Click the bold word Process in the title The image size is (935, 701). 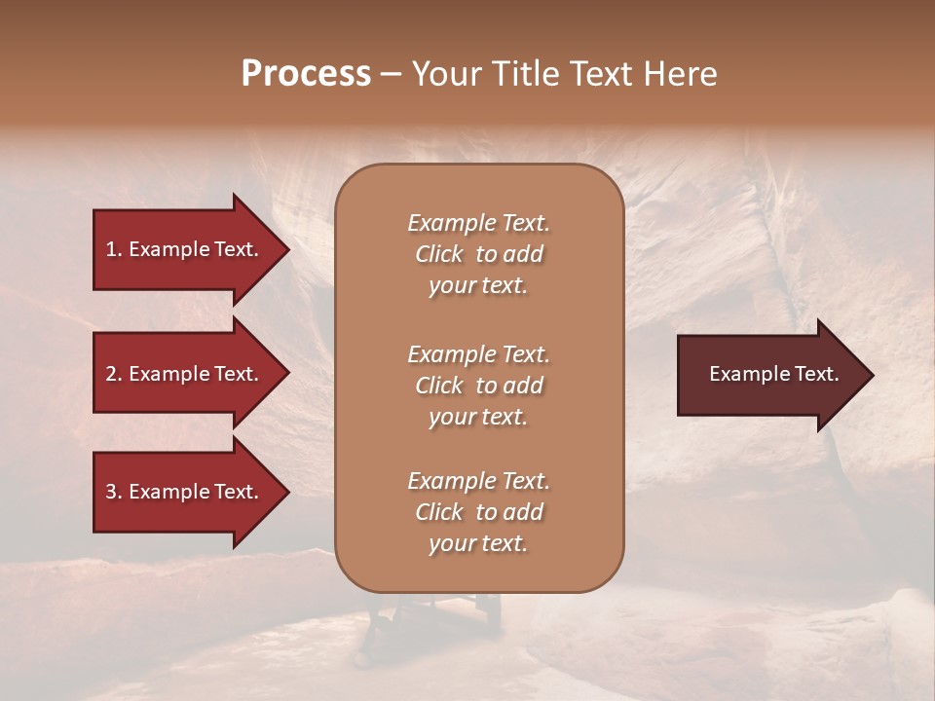coord(306,74)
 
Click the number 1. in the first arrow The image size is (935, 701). coord(114,249)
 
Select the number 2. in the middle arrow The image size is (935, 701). coord(114,374)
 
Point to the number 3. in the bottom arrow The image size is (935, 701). coord(114,492)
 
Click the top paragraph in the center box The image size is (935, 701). coord(478,254)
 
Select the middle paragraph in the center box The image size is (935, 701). coord(478,386)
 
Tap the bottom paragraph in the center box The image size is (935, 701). coord(478,512)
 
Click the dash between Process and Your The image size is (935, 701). coord(391,74)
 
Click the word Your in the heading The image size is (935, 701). coord(447,74)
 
